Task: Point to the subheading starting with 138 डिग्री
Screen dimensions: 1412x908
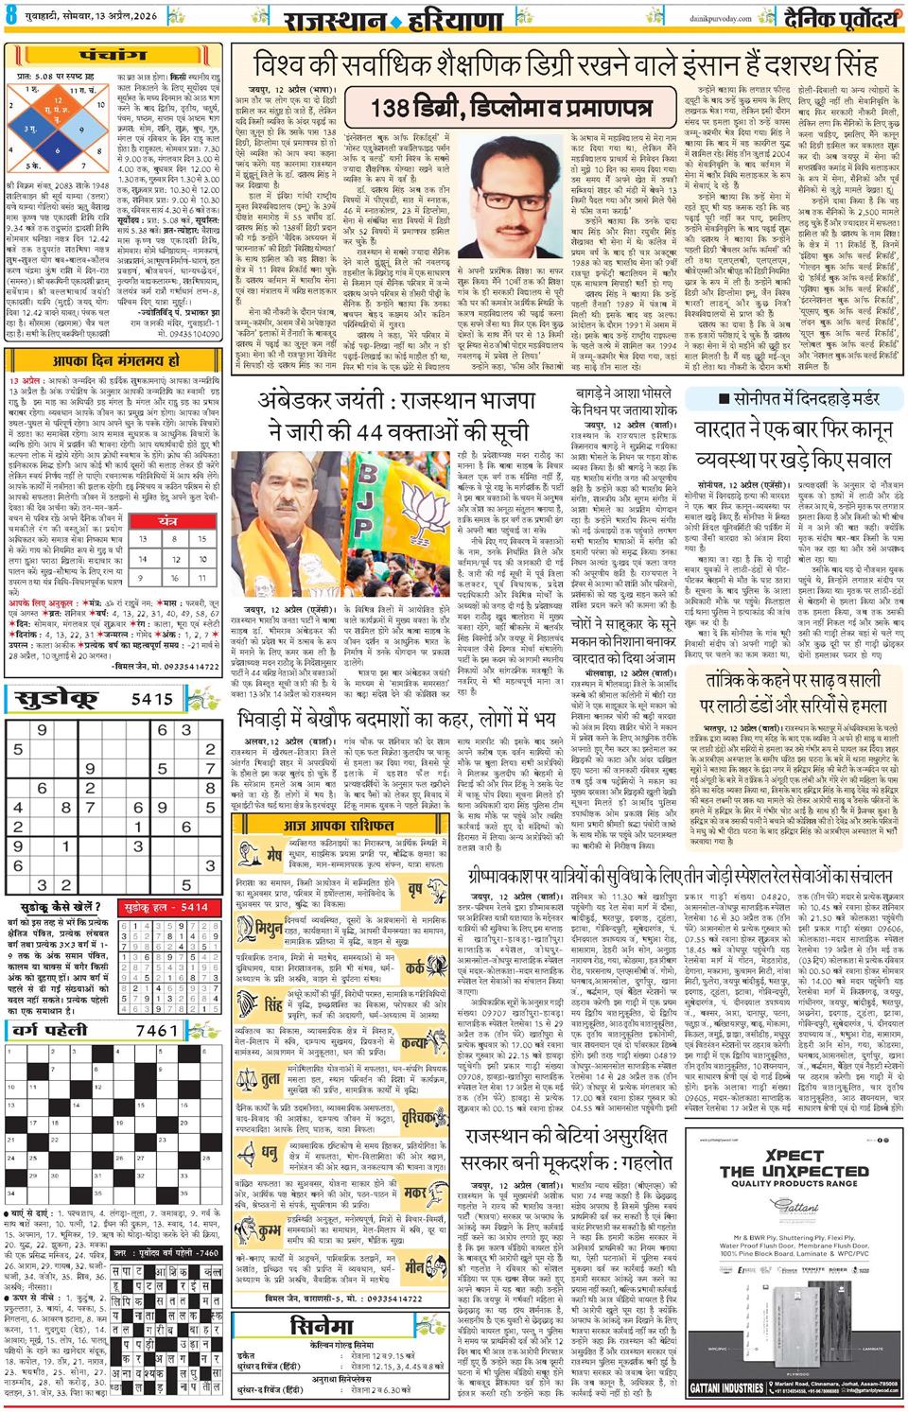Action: [x=512, y=107]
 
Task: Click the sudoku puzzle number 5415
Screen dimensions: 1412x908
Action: [x=153, y=699]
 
